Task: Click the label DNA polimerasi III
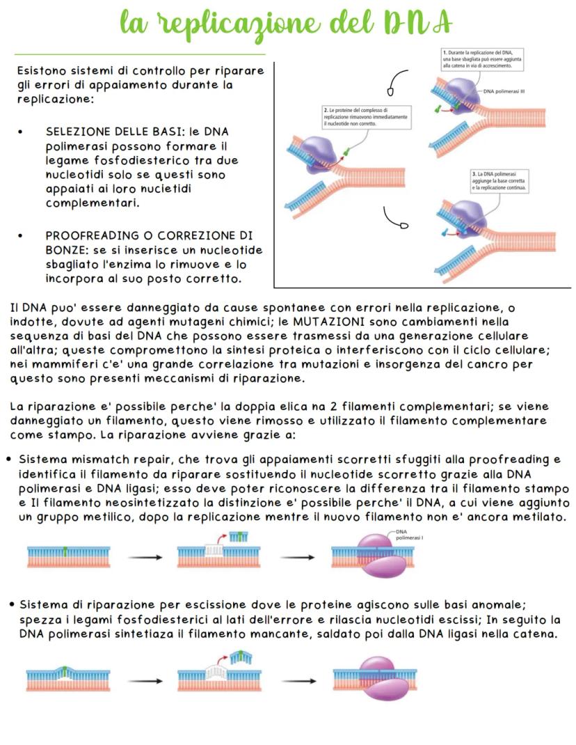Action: click(504, 91)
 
